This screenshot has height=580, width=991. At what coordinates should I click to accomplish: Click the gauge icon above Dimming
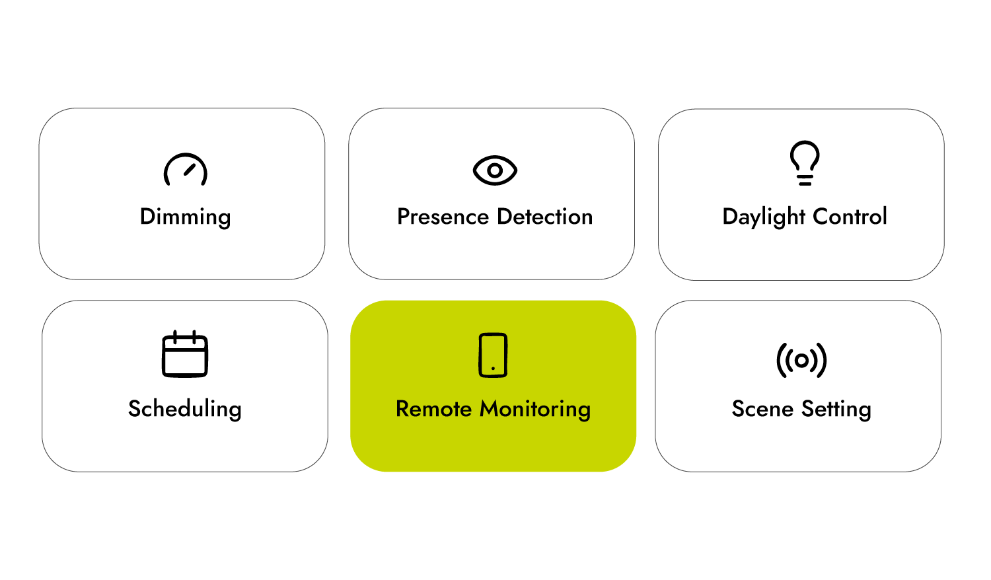186,170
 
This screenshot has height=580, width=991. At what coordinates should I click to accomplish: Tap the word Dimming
186,217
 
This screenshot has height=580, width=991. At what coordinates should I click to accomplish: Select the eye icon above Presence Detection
495,170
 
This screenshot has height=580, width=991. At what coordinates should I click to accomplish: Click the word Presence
443,217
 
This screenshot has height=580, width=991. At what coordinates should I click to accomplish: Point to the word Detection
545,217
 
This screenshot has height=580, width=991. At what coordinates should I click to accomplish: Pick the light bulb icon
805,163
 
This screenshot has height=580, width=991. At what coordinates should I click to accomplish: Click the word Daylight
764,217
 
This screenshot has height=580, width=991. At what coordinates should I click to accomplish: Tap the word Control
850,217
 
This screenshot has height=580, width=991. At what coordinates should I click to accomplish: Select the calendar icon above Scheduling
185,354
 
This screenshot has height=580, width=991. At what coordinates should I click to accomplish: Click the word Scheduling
185,409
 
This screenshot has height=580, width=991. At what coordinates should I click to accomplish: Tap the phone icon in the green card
493,355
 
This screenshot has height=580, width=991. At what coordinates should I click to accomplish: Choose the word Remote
434,409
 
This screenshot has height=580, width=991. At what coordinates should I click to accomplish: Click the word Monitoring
535,409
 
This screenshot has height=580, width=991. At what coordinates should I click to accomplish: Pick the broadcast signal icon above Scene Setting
801,360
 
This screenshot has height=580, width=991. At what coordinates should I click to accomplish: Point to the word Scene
762,409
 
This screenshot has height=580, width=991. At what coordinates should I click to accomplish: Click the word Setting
836,409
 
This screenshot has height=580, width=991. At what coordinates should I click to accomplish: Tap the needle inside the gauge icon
190,169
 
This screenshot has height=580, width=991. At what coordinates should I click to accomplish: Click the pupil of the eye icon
495,170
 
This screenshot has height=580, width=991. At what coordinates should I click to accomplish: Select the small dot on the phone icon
493,368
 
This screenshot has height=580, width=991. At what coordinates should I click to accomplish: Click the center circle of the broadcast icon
801,360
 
